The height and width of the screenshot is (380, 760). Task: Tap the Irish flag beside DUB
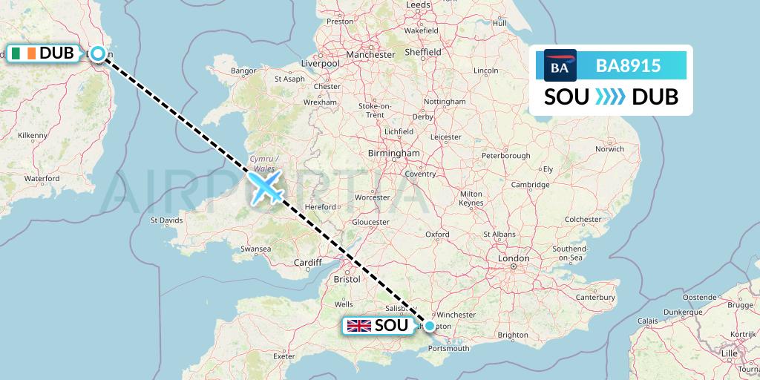coord(22,53)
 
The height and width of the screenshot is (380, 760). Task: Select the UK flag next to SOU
coord(360,326)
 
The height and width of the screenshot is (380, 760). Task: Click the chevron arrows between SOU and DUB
coord(611,96)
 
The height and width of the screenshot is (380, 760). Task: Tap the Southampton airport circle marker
coord(430,325)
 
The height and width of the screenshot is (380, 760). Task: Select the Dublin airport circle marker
coord(98,53)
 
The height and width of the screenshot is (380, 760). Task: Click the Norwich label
coord(609,148)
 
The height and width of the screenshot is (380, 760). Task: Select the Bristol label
coord(347,279)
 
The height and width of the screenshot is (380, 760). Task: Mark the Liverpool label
coord(320,64)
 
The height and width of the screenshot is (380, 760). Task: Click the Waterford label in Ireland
coord(42,179)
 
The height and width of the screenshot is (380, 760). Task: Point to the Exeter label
coord(285,356)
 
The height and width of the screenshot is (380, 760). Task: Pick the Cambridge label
coord(529,185)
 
